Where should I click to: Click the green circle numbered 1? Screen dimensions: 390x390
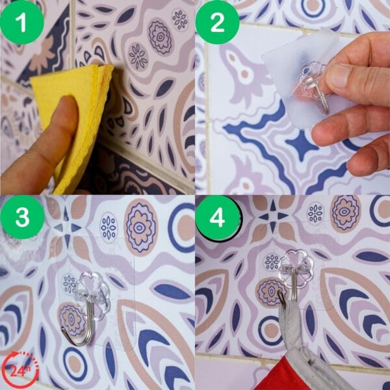[22, 22]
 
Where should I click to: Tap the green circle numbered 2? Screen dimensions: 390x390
[217, 22]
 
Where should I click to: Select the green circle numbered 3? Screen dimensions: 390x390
[22, 217]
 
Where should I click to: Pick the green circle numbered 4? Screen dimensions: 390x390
[218, 218]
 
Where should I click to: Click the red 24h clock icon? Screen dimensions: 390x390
[20, 370]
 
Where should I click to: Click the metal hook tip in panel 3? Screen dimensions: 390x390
[62, 330]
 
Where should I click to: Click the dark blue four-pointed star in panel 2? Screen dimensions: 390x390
[302, 145]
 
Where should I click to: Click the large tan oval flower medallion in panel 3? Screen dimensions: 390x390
[141, 227]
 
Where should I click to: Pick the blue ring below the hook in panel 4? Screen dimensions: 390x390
[270, 330]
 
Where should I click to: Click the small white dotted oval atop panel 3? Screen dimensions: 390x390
[109, 227]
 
